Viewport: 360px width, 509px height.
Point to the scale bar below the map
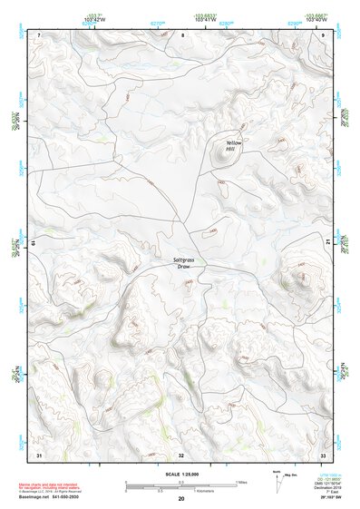click(180, 485)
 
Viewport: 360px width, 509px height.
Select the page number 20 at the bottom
click(180, 499)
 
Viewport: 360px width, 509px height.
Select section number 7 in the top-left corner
click(39, 34)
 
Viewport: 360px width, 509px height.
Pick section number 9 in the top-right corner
click(324, 34)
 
